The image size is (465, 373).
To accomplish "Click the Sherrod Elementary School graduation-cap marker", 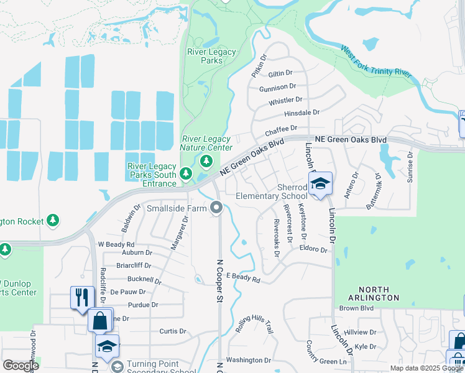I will click(320, 184).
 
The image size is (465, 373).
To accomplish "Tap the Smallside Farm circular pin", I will click(216, 208).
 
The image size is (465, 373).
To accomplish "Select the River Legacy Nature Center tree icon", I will click(206, 162).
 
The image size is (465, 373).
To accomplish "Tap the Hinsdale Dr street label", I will click(302, 113).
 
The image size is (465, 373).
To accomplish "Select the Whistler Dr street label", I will click(285, 99).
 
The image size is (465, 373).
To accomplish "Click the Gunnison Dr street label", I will click(277, 87).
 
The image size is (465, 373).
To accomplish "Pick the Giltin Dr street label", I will click(280, 73).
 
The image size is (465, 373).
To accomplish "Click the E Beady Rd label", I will click(242, 277).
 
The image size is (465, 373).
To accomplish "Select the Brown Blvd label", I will click(356, 308).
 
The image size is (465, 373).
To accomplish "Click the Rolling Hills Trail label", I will click(254, 323).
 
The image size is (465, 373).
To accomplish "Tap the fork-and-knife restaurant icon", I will click(81, 298).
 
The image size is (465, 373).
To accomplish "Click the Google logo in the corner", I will click(21, 366).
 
